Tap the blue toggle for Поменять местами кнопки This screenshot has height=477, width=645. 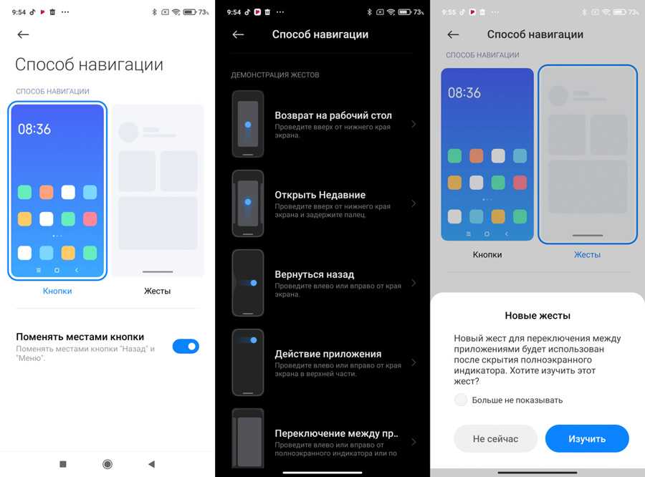pos(186,346)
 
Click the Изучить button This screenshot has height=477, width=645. pos(587,439)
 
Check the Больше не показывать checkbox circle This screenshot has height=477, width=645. pos(461,400)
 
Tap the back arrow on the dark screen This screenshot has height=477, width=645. pos(238,34)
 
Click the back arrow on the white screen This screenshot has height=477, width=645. pos(23,34)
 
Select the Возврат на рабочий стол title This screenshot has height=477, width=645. pos(333,115)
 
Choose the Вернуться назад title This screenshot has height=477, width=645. pos(315,274)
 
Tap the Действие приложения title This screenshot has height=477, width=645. pos(328,354)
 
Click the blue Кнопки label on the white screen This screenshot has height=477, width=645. pos(57,291)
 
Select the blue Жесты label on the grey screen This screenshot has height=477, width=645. pos(587,254)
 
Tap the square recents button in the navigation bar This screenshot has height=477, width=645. pos(63,464)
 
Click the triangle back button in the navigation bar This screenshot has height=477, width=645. pos(151,464)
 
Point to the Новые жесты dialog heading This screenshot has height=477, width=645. pos(537,315)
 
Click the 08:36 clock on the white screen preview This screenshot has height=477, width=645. pos(34,129)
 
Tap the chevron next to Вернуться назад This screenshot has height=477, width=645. pos(414,283)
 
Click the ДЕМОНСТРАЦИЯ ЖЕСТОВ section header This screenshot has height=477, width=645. pos(274,74)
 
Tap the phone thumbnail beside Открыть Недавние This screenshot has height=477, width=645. pos(248,203)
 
